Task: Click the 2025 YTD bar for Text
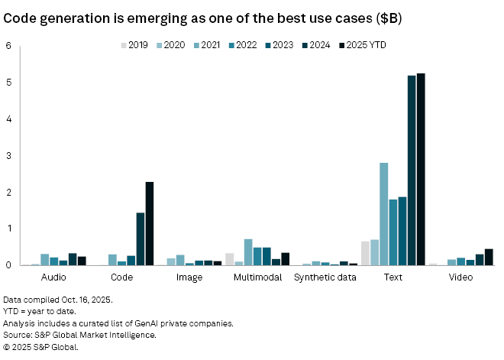[x=421, y=170]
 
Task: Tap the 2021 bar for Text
[x=384, y=214]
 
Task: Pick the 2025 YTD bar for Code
[x=150, y=223]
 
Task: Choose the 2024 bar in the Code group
[x=141, y=238]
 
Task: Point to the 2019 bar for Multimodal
[x=230, y=259]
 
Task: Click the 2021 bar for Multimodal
[x=248, y=252]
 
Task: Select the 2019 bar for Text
[x=365, y=253]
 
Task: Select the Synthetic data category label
[x=326, y=277]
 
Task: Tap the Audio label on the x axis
[x=53, y=277]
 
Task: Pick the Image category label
[x=189, y=277]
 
